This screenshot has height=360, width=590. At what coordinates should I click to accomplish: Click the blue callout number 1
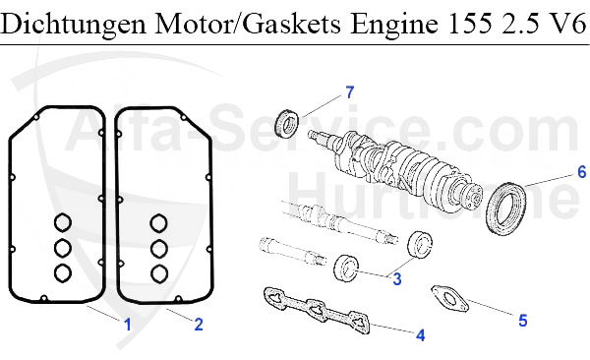128,325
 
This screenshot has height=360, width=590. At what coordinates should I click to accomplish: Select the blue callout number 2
199,325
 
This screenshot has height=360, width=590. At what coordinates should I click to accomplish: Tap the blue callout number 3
397,279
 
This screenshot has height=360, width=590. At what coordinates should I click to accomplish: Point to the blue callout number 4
421,334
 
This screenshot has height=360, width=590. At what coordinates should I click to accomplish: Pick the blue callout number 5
523,321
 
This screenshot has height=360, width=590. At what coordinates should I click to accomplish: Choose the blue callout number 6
582,172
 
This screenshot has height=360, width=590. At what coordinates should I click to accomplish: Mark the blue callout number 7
350,91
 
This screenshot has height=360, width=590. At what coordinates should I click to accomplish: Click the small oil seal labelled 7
287,123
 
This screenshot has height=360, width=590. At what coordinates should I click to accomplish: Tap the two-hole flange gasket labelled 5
449,299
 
